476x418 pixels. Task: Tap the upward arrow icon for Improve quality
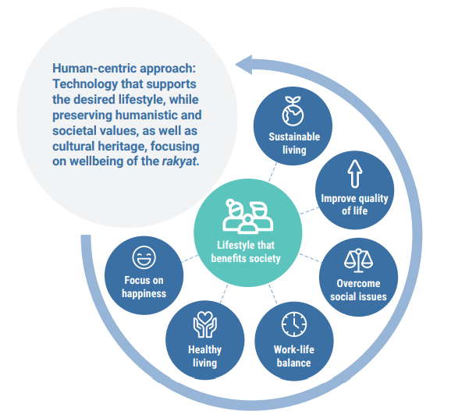(354, 172)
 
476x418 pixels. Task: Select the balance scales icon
(361, 258)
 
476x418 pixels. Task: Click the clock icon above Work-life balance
(293, 323)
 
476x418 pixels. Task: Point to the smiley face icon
(144, 257)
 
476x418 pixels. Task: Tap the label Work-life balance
(293, 356)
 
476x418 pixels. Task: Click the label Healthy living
(204, 356)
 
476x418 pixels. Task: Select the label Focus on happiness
(144, 286)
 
